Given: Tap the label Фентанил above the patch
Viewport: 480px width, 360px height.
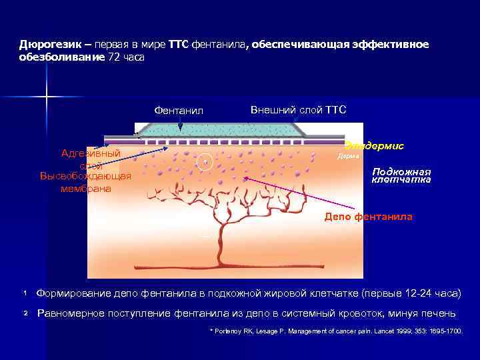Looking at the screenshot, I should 178,110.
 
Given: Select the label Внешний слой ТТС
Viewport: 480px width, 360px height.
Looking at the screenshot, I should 298,109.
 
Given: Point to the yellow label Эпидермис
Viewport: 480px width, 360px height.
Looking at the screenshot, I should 374,145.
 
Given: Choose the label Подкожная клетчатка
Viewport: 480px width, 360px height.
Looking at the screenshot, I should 401,175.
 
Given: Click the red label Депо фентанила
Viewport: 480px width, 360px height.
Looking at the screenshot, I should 368,217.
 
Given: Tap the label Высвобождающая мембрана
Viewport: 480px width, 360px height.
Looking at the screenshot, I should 85,182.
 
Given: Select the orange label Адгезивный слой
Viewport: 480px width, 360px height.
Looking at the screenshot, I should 91,159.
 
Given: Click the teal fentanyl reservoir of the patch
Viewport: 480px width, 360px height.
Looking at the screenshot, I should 220,128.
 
